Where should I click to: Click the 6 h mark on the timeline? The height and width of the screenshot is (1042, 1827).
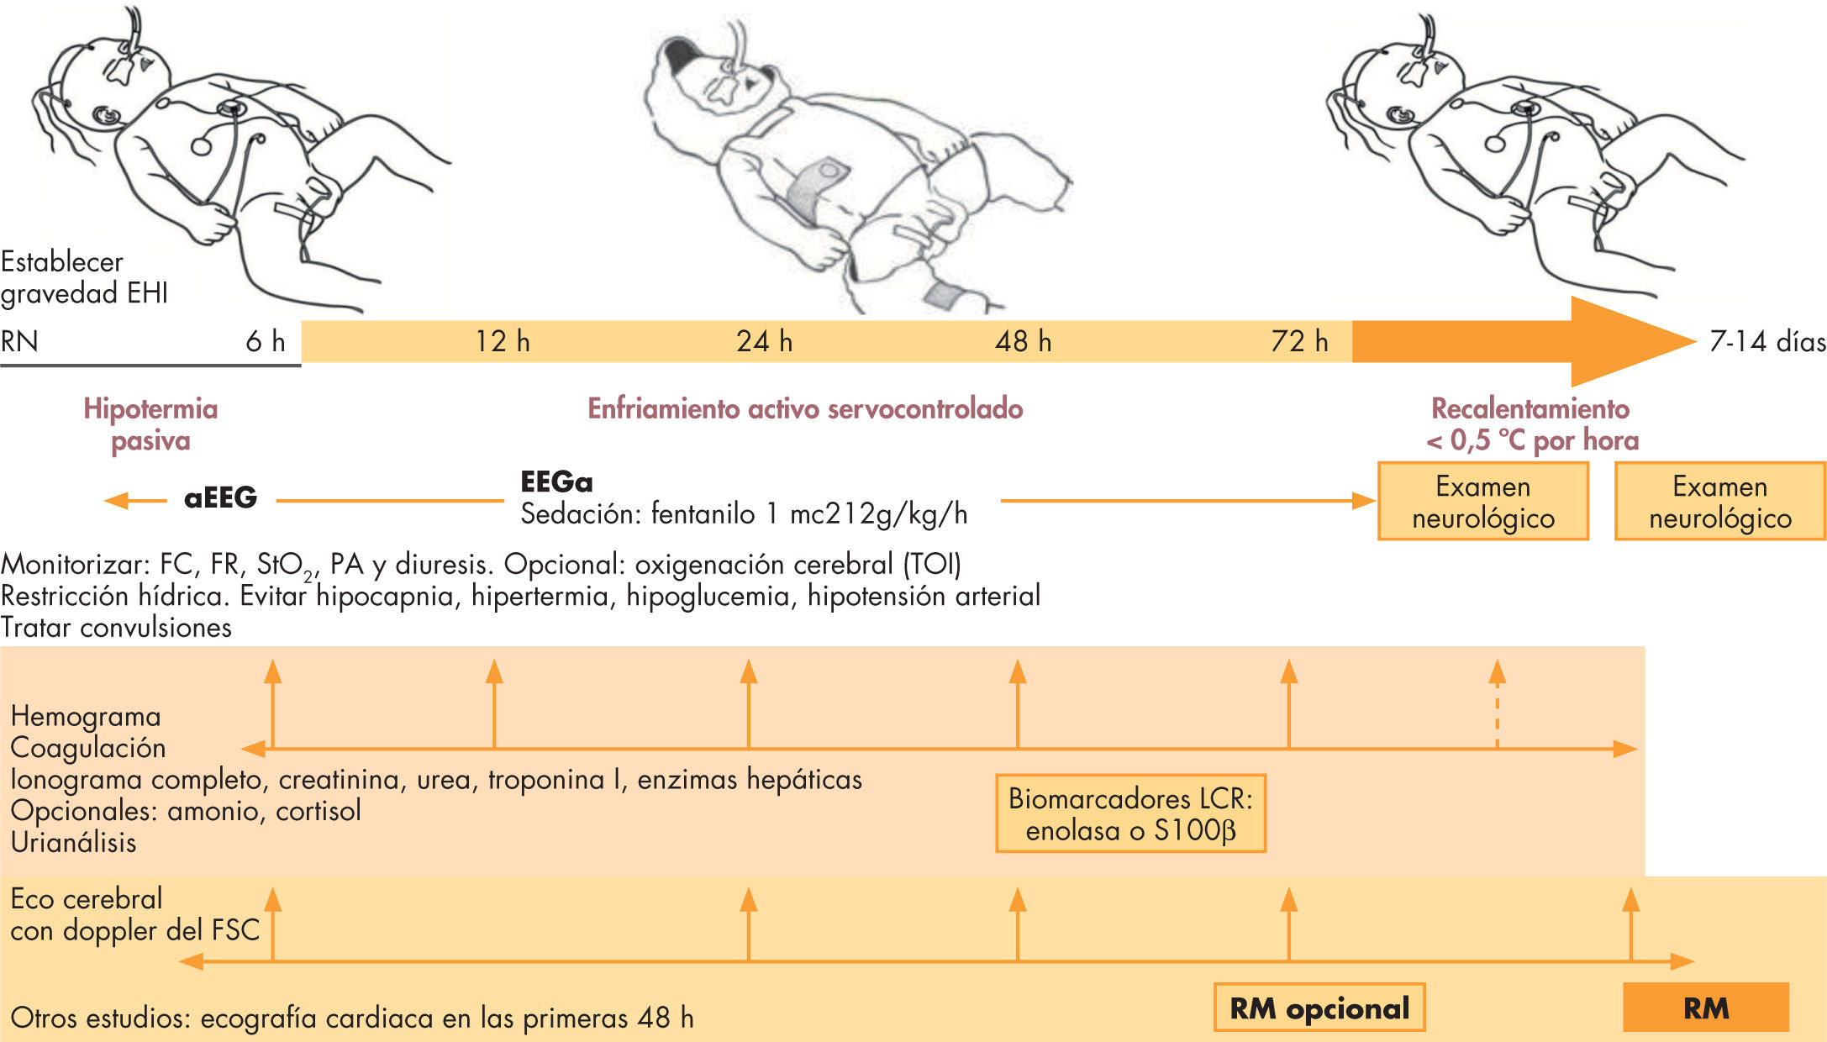point(266,341)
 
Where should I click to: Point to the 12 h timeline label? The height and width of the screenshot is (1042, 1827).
point(503,341)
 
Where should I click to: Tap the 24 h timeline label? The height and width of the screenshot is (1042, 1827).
point(764,341)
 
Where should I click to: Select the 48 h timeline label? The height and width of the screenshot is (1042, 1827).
point(1023,341)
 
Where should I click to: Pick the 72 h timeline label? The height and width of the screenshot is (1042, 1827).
point(1299,341)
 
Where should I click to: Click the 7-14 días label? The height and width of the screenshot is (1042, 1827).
point(1767,341)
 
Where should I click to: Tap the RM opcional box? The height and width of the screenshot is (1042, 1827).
point(1319,1008)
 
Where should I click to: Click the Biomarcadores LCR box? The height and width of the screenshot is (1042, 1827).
point(1130,813)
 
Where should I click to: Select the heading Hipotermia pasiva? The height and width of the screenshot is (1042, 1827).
point(150,424)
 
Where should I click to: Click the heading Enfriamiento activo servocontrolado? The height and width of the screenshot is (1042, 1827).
point(804,408)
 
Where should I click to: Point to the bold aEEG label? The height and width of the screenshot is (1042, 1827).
point(220,497)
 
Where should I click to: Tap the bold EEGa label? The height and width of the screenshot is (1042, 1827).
point(556,482)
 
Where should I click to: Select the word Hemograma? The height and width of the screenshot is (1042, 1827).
point(86,716)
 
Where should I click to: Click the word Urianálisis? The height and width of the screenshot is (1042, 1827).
point(74,842)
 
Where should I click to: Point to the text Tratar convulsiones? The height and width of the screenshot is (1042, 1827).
point(116,627)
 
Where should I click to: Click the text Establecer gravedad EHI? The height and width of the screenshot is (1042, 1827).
point(84,277)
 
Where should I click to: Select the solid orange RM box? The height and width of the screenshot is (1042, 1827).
point(1705,1008)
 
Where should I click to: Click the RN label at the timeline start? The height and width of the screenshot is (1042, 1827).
point(19,341)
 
